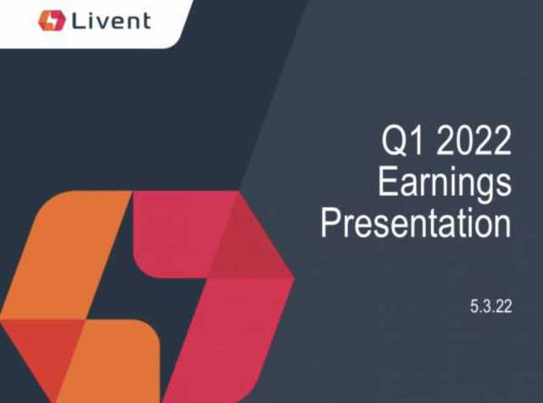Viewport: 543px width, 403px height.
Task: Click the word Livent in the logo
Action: point(111,20)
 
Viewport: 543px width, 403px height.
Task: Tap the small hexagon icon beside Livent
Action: point(52,20)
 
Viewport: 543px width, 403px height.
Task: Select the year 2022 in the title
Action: point(473,140)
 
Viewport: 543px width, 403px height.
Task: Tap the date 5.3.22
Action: point(491,306)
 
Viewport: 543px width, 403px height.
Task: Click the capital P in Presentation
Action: point(331,222)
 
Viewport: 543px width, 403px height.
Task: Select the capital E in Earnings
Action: point(387,181)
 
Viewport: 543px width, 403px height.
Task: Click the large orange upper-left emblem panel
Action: point(66,255)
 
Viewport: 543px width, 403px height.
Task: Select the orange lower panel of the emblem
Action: point(115,363)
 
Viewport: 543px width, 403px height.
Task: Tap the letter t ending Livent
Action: point(147,21)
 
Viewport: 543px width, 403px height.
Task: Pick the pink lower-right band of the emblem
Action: point(228,339)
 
